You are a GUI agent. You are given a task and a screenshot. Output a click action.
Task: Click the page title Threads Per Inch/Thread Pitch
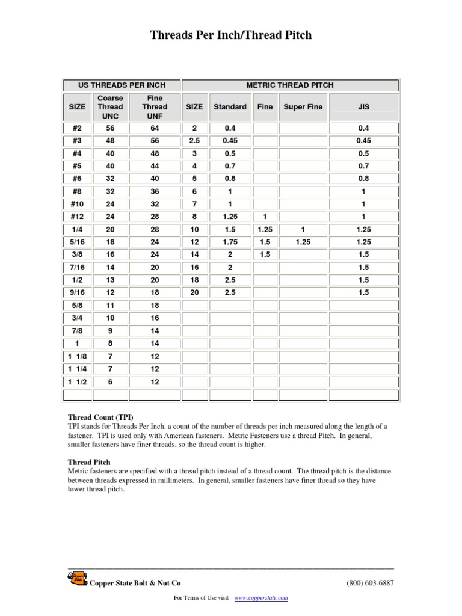tap(231, 35)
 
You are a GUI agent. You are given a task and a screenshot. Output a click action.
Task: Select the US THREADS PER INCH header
tap(122, 85)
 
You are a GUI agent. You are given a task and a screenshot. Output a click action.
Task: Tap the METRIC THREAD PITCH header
tap(290, 85)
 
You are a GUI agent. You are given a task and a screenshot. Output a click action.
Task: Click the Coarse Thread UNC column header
tap(110, 107)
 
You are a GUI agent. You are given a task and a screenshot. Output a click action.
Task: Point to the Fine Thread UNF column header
tap(155, 107)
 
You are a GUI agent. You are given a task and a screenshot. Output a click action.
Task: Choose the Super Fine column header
tap(303, 107)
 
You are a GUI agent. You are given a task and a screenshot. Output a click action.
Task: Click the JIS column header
tap(363, 107)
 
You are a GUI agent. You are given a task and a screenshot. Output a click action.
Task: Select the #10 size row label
tap(77, 204)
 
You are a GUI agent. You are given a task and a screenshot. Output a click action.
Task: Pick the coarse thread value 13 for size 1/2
tap(110, 280)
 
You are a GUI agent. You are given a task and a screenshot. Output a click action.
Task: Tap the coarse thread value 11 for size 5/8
tap(110, 305)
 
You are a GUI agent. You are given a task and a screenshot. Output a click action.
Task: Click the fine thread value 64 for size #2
tap(155, 128)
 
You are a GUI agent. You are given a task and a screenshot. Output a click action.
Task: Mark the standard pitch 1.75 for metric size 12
tap(230, 242)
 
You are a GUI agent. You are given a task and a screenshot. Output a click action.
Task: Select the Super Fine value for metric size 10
tap(303, 229)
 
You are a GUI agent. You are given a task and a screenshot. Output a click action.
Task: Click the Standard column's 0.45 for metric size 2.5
tap(230, 141)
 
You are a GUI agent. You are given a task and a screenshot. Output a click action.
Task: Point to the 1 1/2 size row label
tap(77, 382)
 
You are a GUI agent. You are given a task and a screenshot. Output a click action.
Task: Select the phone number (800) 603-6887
tap(370, 583)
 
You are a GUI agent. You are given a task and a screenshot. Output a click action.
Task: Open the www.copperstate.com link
tap(260, 598)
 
